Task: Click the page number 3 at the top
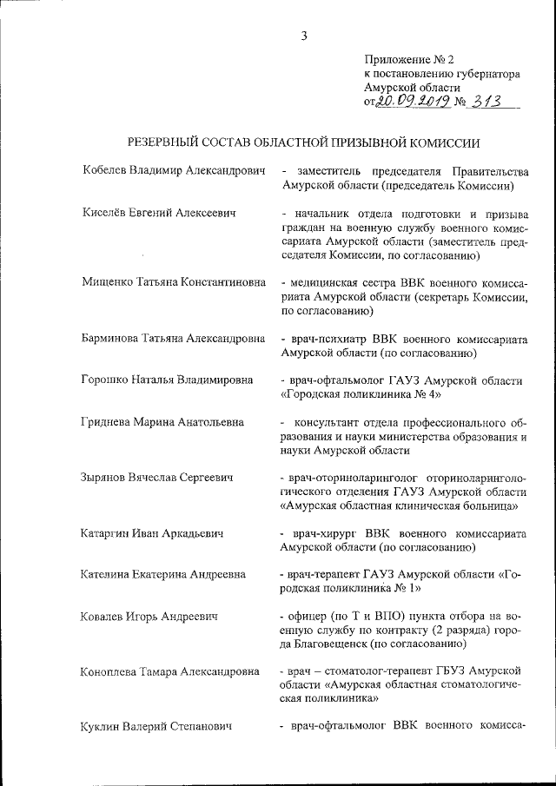coord(304,36)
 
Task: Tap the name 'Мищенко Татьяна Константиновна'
coord(173,283)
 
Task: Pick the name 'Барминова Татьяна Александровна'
coord(173,339)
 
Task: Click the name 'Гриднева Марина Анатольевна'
coord(162,422)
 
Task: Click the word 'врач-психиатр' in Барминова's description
coord(325,339)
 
